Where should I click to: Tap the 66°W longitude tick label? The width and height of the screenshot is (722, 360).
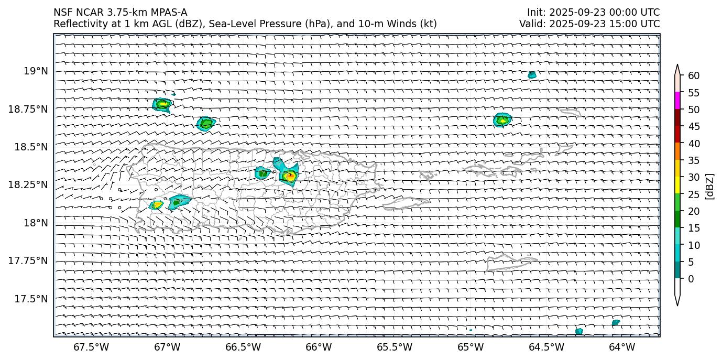319,347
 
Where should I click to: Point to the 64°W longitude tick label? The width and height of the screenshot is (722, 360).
622,347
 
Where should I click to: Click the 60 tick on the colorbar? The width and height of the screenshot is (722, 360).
694,75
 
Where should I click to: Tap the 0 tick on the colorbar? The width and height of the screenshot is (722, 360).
691,279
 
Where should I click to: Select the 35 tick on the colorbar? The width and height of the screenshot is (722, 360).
694,160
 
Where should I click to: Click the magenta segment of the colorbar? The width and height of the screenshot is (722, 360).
677,101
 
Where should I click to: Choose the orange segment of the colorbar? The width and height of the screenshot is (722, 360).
677,151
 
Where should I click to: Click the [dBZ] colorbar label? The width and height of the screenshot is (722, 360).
710,186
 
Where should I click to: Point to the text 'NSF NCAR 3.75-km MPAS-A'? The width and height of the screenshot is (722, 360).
120,13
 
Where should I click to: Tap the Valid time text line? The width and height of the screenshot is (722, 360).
589,24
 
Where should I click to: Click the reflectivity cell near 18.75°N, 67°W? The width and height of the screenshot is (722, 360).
162,104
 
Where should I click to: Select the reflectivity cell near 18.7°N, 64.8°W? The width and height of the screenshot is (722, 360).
502,120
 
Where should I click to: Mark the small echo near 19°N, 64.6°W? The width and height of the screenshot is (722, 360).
532,75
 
